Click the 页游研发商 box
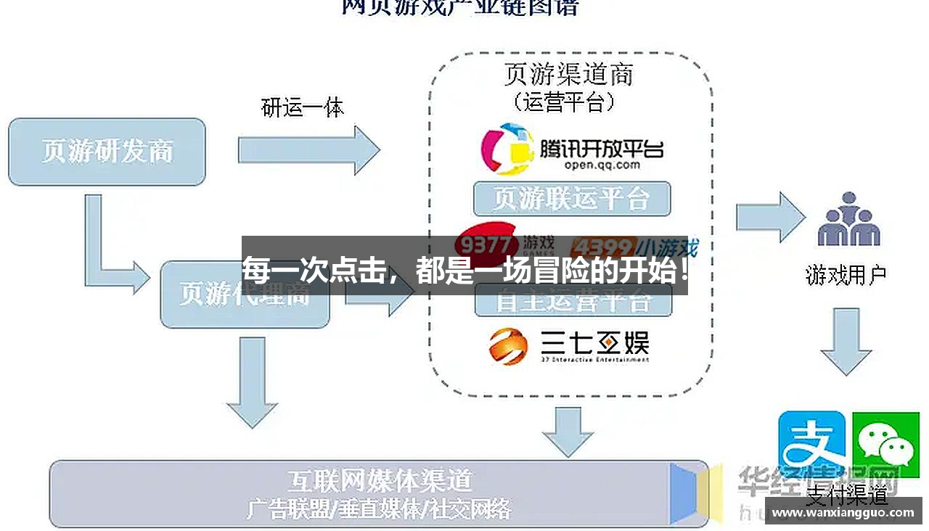107,152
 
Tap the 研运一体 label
302,108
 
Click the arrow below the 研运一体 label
308,150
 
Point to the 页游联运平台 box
571,198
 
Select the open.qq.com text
602,165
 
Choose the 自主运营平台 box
573,302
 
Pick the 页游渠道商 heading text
568,75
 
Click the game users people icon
848,221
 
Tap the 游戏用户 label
846,275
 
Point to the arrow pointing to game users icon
770,217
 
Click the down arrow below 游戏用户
846,341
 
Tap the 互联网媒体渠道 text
379,480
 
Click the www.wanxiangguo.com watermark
843,512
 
